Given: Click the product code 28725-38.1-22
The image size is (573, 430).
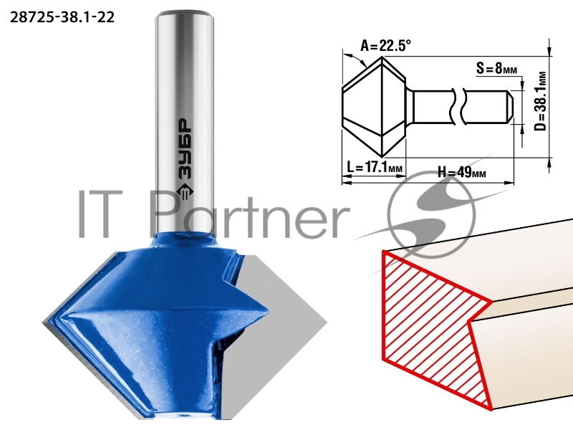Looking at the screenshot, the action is (62, 17).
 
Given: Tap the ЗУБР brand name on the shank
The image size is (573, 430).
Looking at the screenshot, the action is (185, 149).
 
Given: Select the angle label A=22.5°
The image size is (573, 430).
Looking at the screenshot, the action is (386, 46).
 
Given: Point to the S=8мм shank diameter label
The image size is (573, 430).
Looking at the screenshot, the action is (497, 67).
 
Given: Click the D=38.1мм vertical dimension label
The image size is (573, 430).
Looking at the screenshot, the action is (541, 101).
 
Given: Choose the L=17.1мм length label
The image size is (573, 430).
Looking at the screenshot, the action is (375, 168).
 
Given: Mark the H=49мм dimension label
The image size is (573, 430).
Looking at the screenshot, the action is (462, 171).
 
